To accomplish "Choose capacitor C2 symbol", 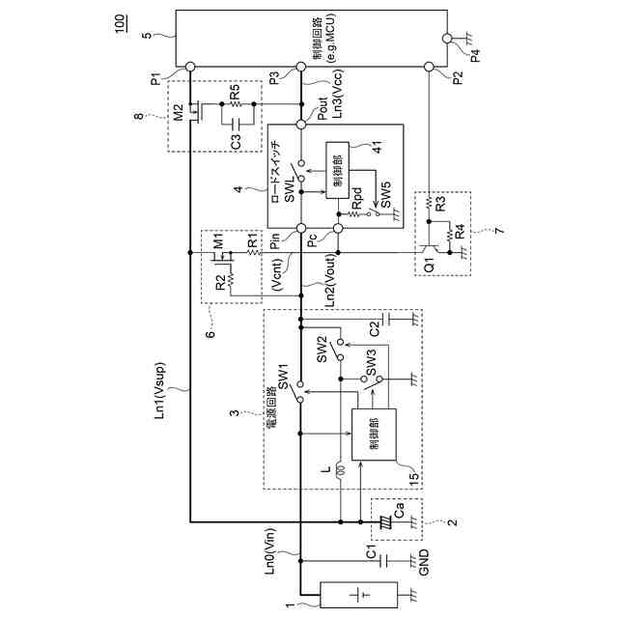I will coord(383,319).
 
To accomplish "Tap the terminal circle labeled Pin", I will coord(300,229).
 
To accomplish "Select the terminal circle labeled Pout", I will coord(300,123).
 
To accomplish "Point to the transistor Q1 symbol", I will coord(428,249).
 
